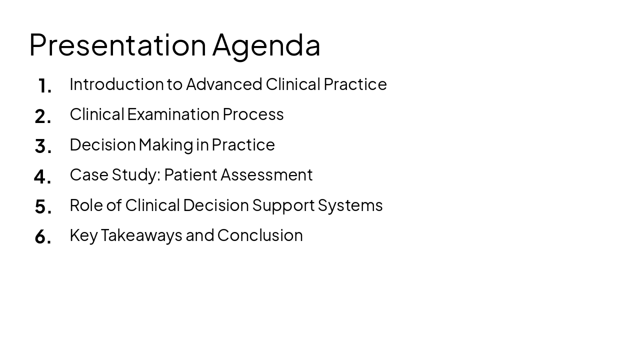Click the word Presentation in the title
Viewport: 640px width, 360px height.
[x=117, y=45]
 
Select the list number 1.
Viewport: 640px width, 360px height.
[x=44, y=86]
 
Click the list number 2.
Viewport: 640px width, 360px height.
[x=43, y=116]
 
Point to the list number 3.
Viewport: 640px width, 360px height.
[x=43, y=146]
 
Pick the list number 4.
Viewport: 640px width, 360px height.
[x=42, y=176]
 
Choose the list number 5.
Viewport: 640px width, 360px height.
[x=43, y=206]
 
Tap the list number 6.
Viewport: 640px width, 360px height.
[x=43, y=237]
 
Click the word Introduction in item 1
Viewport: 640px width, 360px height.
[x=116, y=84]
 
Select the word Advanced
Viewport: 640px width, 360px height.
[x=224, y=84]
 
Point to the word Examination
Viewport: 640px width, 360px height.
[x=173, y=114]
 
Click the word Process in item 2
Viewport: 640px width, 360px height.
[x=253, y=114]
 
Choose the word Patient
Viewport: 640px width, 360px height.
[x=190, y=175]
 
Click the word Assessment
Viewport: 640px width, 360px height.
[x=266, y=175]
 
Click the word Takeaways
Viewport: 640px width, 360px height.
[x=141, y=235]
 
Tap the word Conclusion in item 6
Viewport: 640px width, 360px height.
[x=260, y=235]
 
